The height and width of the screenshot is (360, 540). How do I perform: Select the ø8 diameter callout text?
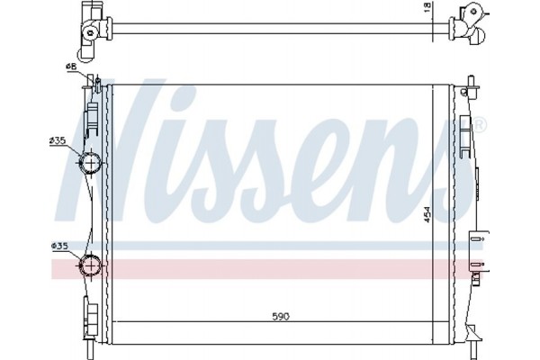point(70,67)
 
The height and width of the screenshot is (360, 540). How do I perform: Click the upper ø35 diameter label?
point(58,140)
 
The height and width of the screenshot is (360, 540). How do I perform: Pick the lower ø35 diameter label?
point(59,245)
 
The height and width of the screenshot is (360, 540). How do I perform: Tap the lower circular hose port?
point(91,265)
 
